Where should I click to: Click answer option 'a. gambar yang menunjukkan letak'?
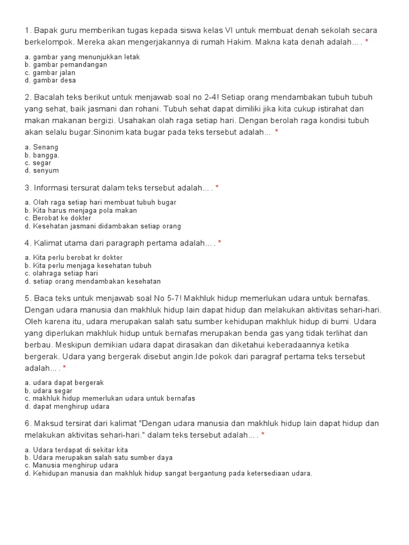click(82, 57)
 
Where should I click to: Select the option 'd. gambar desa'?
click(50, 80)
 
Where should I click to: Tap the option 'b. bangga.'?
click(42, 155)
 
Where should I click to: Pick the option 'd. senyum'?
click(42, 171)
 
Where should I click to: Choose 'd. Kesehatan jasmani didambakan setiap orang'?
click(103, 226)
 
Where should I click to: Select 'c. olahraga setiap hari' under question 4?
click(61, 274)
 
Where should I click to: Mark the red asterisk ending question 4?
click(220, 243)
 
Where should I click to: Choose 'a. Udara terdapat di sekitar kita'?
click(76, 450)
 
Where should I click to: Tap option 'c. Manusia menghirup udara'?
click(71, 465)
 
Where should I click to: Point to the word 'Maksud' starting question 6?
click(48, 424)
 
